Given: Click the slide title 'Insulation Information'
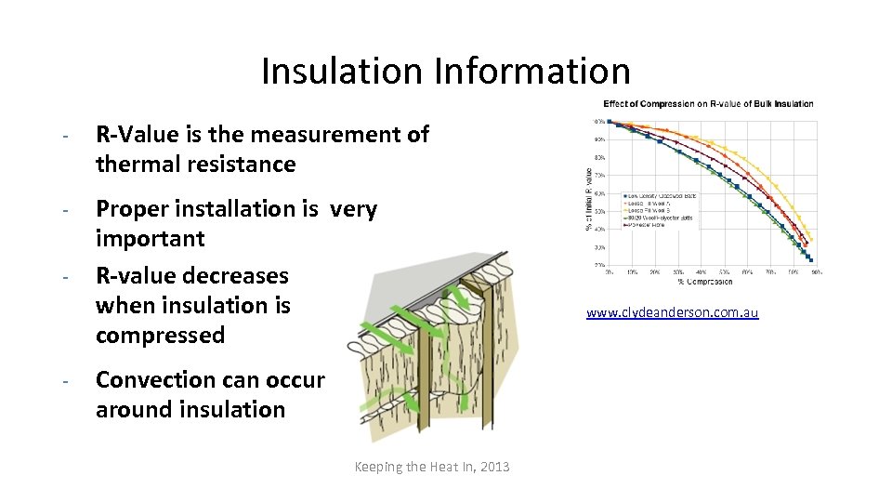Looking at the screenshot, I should [x=445, y=71].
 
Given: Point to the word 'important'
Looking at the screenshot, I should [x=150, y=239].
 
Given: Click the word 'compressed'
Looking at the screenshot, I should [x=160, y=336].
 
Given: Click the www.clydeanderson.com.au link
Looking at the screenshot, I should [x=672, y=313].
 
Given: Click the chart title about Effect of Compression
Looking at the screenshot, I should [x=708, y=103].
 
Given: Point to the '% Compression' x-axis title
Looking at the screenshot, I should [x=705, y=282].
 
